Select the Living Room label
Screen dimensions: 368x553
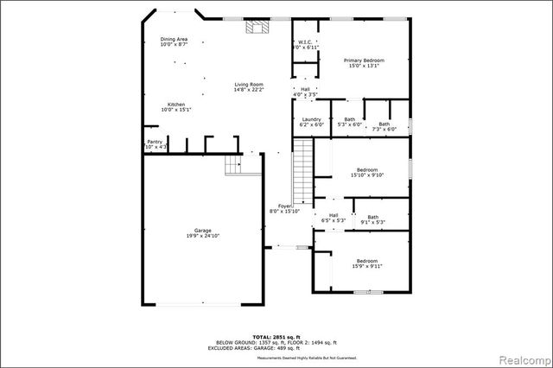click(x=248, y=86)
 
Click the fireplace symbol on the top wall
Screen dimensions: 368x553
click(x=255, y=27)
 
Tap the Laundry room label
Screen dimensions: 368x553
click(x=311, y=122)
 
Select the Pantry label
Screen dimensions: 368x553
click(x=156, y=144)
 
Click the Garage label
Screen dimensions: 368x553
click(x=203, y=233)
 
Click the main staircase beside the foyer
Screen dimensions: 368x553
click(x=302, y=171)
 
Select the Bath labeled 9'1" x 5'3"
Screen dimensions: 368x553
click(x=372, y=219)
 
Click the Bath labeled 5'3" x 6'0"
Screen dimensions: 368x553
click(x=349, y=122)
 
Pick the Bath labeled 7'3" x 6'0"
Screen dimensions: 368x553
click(x=383, y=126)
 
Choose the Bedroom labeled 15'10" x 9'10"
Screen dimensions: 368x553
click(x=367, y=172)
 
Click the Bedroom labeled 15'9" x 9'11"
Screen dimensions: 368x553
click(x=367, y=263)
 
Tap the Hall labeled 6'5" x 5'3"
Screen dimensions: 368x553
click(x=333, y=218)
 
